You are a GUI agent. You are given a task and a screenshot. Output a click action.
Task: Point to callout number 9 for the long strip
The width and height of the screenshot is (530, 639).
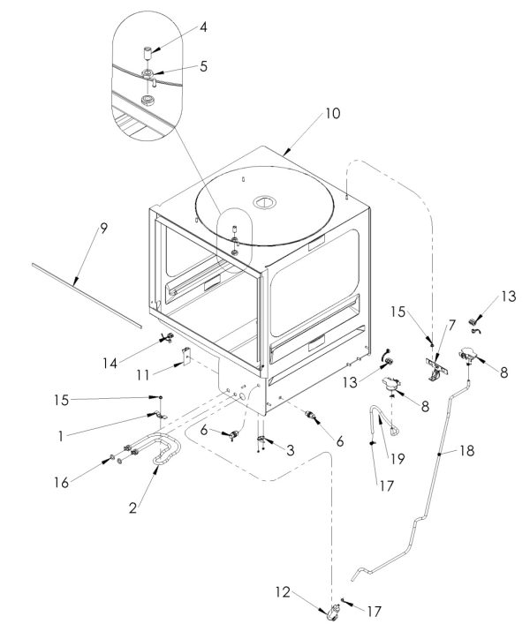[103, 228]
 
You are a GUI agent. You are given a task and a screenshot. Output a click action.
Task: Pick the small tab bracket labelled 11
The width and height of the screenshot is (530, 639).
[187, 357]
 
